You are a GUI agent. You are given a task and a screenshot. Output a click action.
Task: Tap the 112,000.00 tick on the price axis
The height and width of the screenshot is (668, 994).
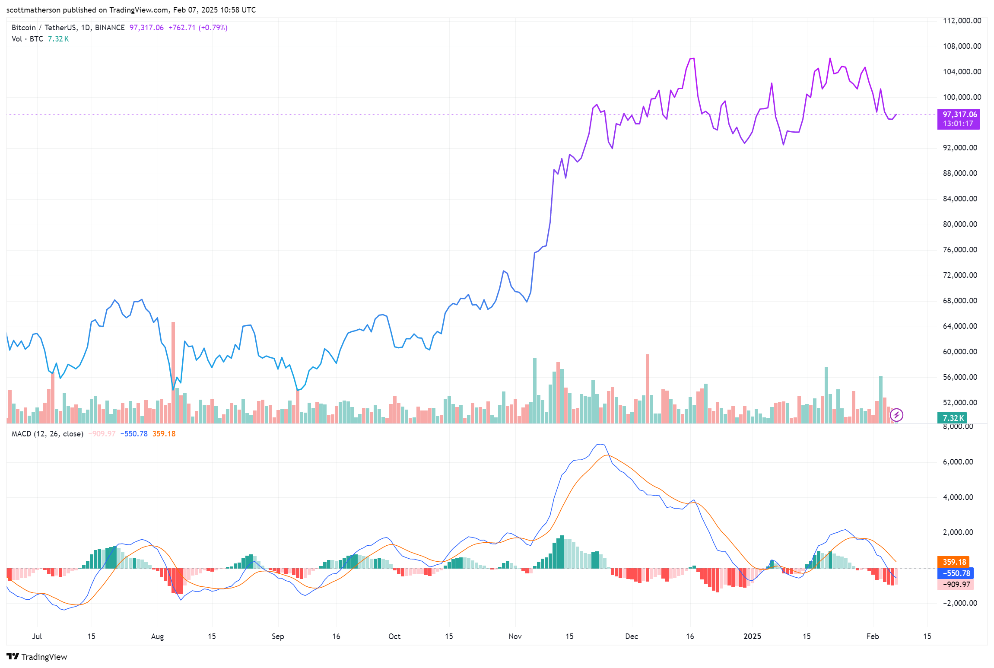962,21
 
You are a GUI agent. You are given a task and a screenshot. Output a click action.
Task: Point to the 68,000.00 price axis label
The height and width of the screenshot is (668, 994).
959,301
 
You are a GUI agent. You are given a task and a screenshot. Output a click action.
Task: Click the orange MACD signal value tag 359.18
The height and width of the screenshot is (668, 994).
954,562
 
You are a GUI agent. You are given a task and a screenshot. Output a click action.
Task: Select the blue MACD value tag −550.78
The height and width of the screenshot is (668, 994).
956,573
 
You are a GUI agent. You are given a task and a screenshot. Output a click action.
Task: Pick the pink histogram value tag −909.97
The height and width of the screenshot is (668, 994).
956,585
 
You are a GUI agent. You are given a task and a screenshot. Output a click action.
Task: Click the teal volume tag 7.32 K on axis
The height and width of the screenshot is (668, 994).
952,418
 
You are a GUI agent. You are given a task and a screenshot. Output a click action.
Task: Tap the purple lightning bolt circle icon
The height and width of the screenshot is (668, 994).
896,415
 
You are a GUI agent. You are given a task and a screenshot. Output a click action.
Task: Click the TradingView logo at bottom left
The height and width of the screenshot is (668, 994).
37,657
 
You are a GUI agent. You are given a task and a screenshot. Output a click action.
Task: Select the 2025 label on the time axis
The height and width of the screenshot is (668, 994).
752,636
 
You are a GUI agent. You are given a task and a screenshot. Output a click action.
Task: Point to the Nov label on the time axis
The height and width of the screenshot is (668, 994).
515,636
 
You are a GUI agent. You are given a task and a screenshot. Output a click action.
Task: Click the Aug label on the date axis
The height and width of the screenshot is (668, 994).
157,636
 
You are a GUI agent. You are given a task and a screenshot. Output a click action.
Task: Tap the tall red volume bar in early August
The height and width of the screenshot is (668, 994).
173,372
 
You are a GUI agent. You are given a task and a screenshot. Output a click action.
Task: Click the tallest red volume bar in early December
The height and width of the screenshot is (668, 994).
648,389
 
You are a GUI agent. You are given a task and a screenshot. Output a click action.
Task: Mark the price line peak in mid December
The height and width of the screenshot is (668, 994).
692,59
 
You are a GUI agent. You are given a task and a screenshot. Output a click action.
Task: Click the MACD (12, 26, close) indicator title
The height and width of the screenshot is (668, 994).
47,434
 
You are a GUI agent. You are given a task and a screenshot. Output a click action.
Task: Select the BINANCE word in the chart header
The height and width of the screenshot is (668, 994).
110,28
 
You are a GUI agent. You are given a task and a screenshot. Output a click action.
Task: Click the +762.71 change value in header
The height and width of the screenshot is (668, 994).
181,28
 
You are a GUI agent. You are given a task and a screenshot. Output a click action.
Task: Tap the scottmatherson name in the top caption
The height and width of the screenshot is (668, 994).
33,10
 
